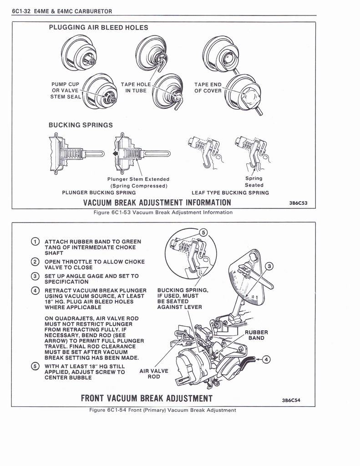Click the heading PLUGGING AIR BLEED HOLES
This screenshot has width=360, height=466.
98,28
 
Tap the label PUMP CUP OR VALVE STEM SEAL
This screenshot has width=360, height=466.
66,90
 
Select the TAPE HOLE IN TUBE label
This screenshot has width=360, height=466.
136,87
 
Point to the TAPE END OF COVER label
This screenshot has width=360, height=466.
208,87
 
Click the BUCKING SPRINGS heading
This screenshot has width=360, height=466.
81,125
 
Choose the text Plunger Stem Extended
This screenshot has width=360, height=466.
138,179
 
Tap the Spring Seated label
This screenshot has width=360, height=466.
254,182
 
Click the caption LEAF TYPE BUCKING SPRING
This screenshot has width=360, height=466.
230,192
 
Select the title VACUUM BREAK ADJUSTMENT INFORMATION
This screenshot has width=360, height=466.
157,203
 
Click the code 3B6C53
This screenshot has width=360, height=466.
299,203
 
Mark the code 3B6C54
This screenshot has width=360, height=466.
291,400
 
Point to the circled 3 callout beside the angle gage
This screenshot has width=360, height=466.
269,266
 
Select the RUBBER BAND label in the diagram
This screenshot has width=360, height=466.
256,335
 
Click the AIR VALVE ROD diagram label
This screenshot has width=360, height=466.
154,374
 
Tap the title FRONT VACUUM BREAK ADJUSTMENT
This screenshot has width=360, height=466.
147,399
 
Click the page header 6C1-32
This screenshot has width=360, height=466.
21,11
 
